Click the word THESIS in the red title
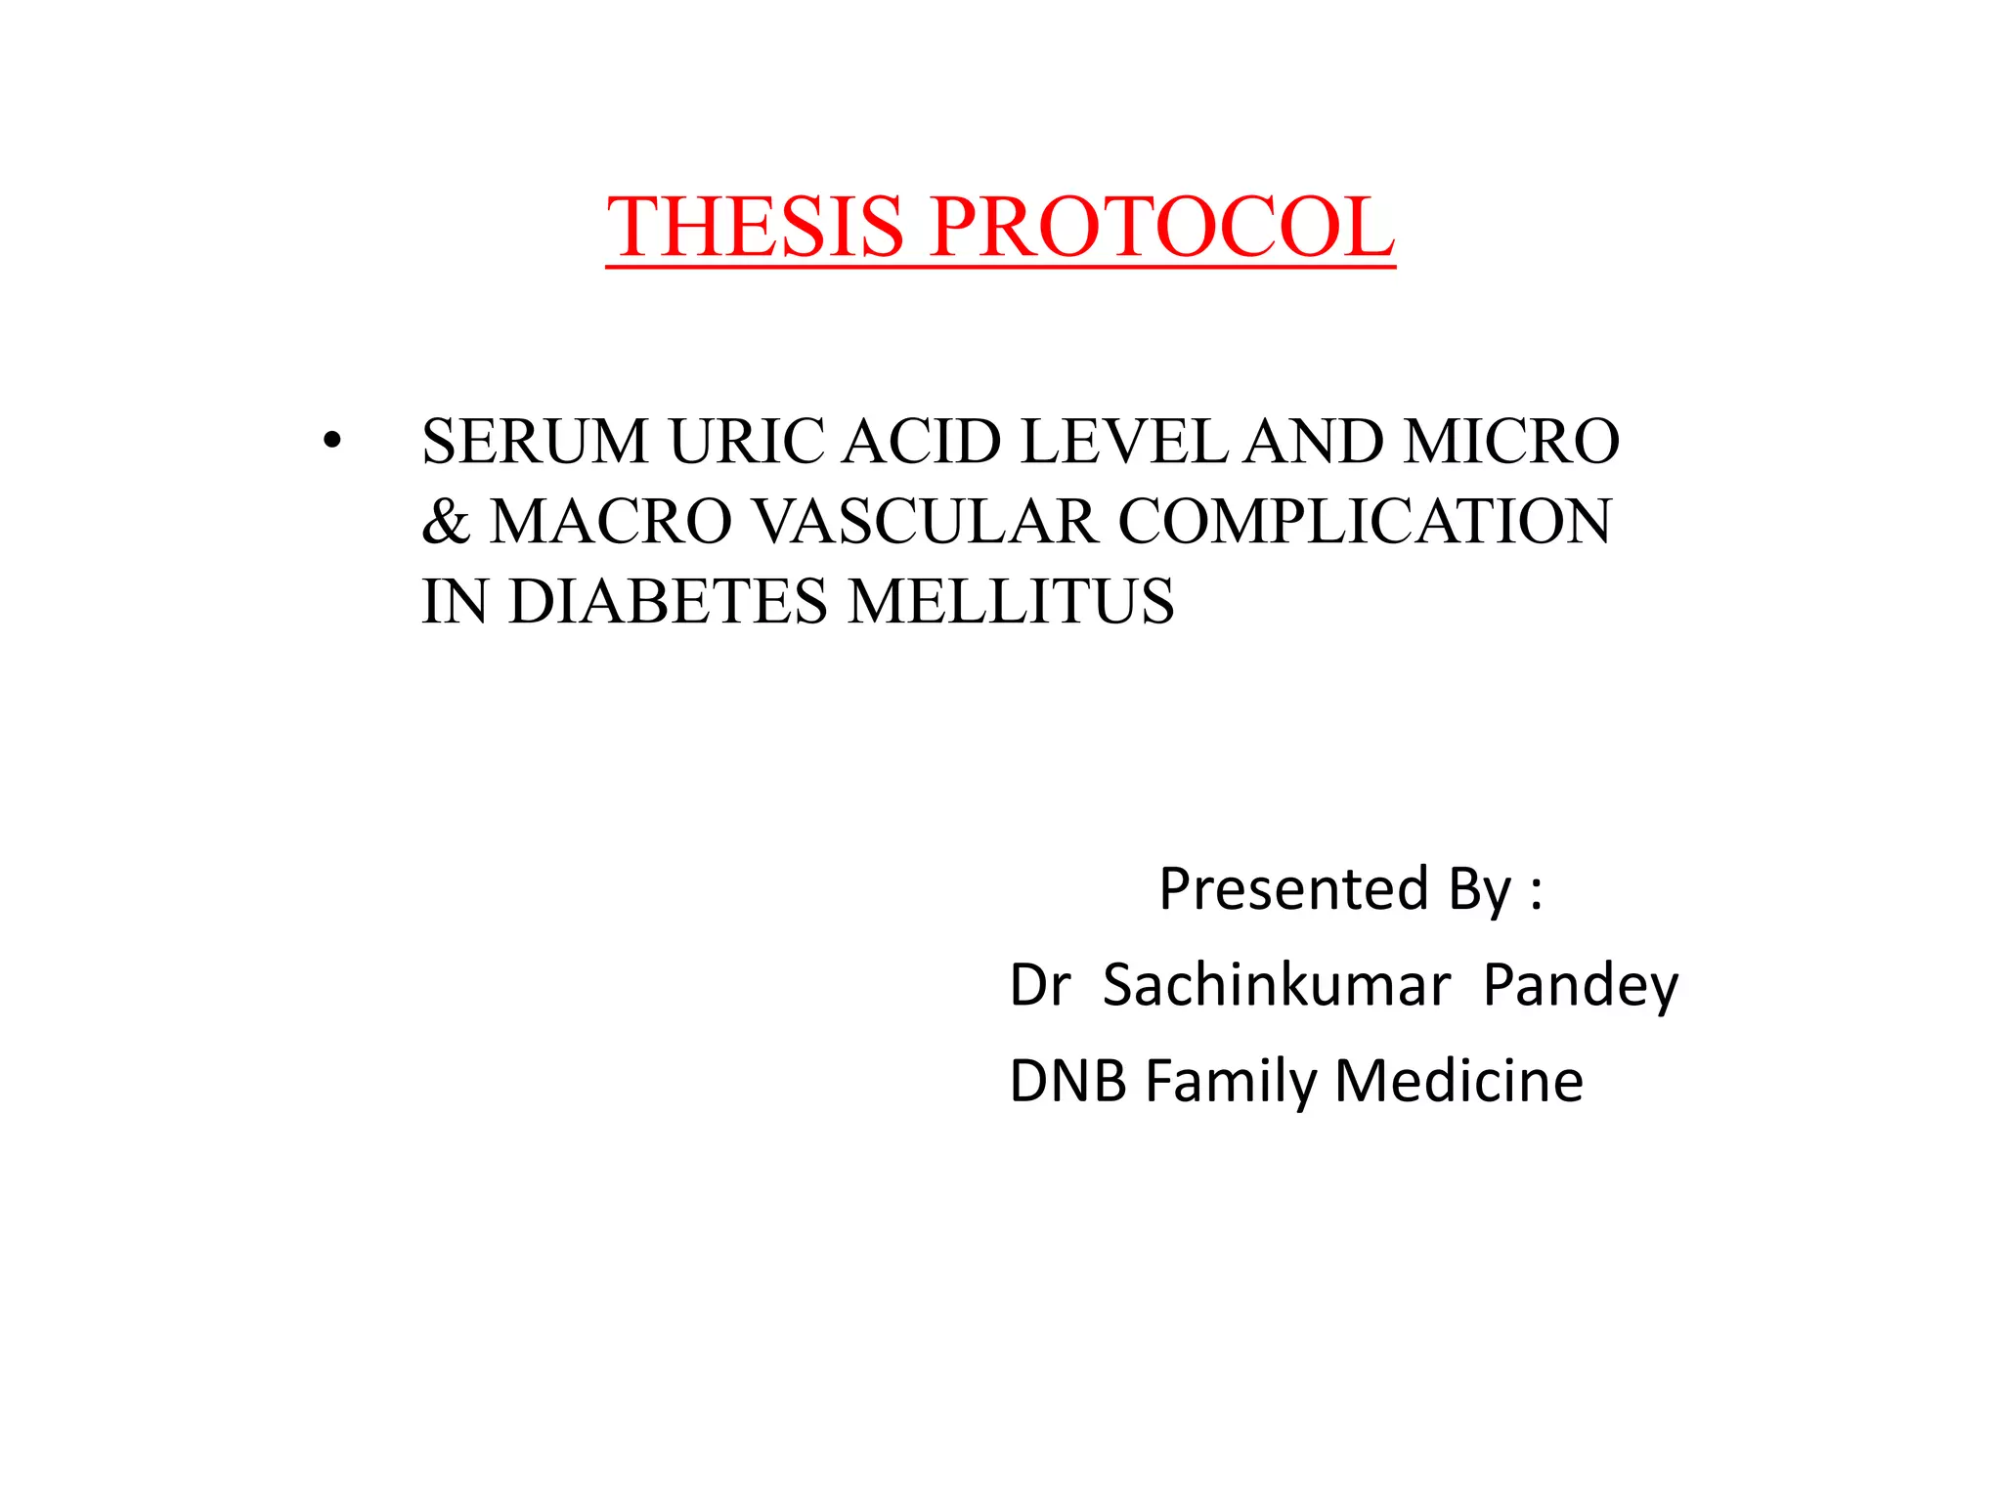click(x=755, y=227)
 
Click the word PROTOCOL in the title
click(x=1162, y=227)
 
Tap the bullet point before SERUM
click(x=332, y=442)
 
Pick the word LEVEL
click(x=1124, y=441)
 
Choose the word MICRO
click(x=1511, y=441)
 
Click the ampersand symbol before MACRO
click(x=446, y=521)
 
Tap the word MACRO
click(x=611, y=521)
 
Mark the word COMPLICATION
click(x=1365, y=521)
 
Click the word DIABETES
click(x=668, y=601)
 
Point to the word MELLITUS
click(x=1011, y=601)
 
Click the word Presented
click(x=1293, y=889)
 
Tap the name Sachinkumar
click(x=1276, y=985)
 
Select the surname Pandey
click(x=1580, y=985)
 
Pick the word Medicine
click(x=1458, y=1081)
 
